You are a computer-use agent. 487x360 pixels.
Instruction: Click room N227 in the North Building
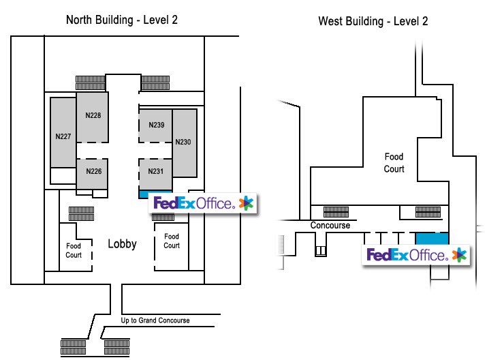pyautogui.click(x=63, y=136)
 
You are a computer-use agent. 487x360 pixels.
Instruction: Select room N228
pyautogui.click(x=93, y=116)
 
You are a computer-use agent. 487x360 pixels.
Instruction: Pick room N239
pyautogui.click(x=156, y=125)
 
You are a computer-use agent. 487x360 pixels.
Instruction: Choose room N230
pyautogui.click(x=183, y=142)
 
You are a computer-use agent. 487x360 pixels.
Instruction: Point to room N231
pyautogui.click(x=156, y=172)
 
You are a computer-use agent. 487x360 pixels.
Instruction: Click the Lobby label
pyautogui.click(x=123, y=244)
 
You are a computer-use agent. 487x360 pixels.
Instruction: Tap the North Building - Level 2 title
pyautogui.click(x=122, y=20)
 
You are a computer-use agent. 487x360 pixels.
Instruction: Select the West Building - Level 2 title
pyautogui.click(x=373, y=21)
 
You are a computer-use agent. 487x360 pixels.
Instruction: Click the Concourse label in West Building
pyautogui.click(x=330, y=226)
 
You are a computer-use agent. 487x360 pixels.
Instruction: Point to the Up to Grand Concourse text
pyautogui.click(x=155, y=320)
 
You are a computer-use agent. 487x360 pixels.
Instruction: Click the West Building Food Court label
pyautogui.click(x=394, y=163)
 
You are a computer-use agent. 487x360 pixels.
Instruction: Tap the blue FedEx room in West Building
pyautogui.click(x=431, y=240)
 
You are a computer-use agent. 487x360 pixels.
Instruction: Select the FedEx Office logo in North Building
pyautogui.click(x=203, y=202)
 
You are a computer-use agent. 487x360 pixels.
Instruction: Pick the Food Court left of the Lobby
pyautogui.click(x=74, y=250)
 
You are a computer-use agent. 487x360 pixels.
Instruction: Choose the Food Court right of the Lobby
pyautogui.click(x=171, y=241)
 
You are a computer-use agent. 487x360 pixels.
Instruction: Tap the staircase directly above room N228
pyautogui.click(x=89, y=82)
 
